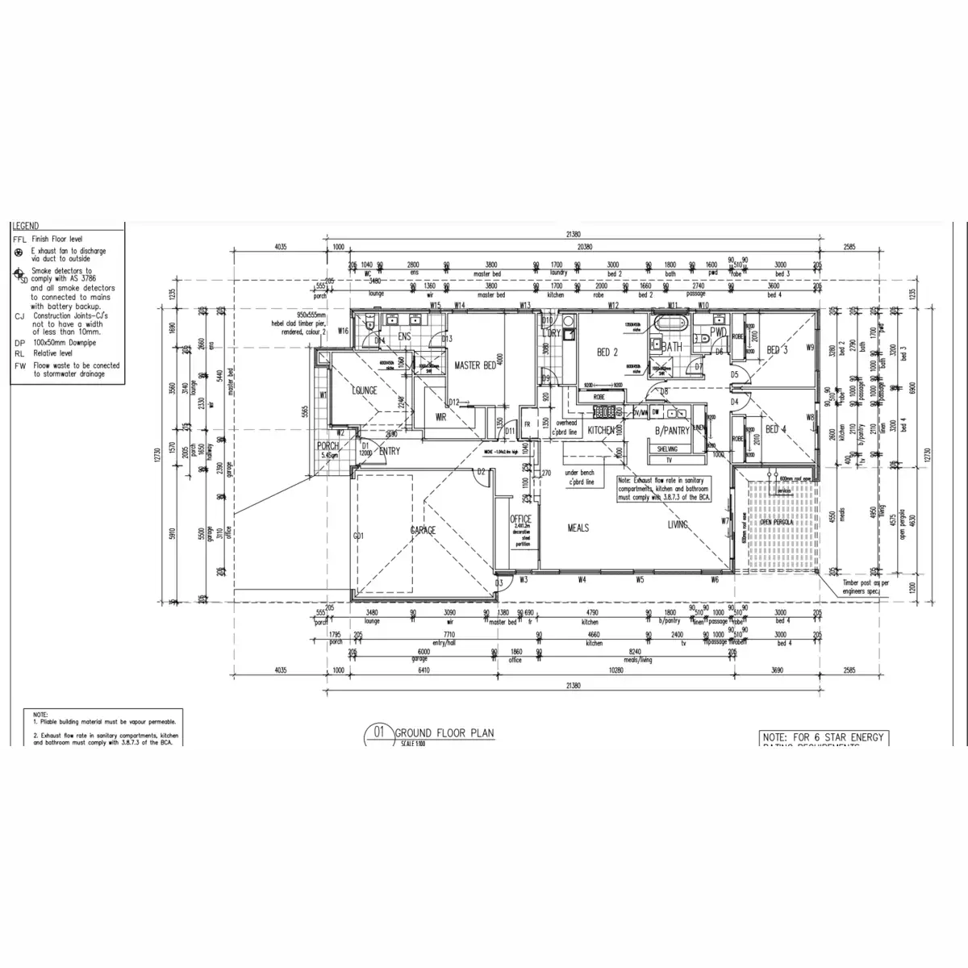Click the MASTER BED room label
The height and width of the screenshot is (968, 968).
coord(475,366)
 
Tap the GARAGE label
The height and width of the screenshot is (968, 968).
coord(423,530)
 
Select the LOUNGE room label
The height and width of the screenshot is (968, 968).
coord(365,390)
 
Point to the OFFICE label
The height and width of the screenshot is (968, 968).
coord(520,520)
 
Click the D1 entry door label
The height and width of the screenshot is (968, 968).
coord(365,444)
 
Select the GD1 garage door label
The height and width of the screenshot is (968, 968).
coord(359,535)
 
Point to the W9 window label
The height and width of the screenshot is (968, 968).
coord(809,348)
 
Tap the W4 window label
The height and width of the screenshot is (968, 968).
coord(581,579)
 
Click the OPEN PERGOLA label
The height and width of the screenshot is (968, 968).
coord(776,522)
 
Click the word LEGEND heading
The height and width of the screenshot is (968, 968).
coord(26,227)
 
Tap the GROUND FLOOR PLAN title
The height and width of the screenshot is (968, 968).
coord(444,733)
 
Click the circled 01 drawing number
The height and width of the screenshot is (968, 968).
coord(378,733)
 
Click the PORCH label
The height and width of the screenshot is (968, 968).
coord(328,446)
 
